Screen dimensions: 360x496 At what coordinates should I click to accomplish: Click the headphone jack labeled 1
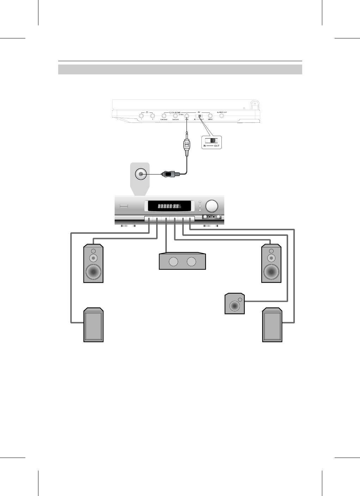141,116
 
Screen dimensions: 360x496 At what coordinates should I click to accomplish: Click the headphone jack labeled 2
152,116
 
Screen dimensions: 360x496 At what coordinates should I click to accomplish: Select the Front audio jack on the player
187,116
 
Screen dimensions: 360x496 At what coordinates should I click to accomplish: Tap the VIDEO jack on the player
210,116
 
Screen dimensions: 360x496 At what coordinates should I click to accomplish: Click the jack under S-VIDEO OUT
222,116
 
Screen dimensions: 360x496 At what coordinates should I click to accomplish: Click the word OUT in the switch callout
216,146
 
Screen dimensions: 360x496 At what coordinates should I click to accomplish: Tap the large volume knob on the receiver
212,206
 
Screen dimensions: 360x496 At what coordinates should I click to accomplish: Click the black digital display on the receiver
169,206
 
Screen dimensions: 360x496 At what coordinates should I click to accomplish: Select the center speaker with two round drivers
182,262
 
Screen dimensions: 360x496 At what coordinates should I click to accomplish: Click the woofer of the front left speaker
93,272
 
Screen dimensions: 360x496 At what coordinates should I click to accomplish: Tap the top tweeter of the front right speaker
271,251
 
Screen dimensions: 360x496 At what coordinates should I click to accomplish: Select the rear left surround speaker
93,325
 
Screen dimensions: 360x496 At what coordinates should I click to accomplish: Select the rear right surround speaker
272,325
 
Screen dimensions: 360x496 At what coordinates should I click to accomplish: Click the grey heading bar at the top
180,69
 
